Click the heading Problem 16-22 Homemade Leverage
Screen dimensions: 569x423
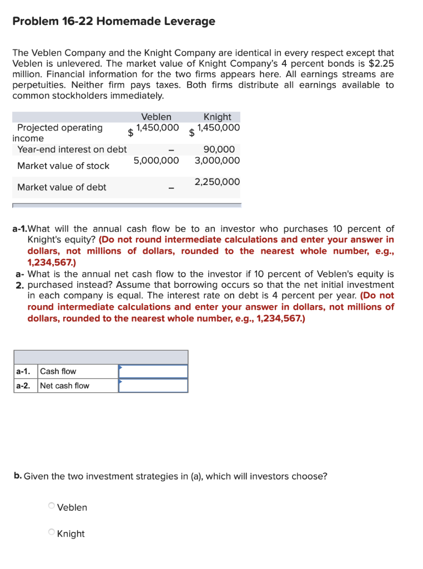pos(114,22)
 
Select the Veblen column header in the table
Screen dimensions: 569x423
pos(156,117)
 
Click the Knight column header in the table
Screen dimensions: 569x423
pos(217,117)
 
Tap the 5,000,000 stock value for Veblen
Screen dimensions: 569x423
pos(156,161)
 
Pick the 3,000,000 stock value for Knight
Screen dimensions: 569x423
pos(217,161)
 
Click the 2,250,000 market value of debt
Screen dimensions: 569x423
pos(217,182)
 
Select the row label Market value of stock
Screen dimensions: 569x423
pos(63,166)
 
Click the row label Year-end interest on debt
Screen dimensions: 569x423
pos(72,149)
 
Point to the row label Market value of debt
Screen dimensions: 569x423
pos(62,187)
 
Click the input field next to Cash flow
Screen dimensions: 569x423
pos(153,371)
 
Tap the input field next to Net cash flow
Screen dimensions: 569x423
pos(153,386)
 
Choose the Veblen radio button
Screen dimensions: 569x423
pos(52,506)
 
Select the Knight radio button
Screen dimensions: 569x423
pos(52,533)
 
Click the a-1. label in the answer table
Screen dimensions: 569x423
pos(23,371)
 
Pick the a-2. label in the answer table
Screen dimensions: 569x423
pos(23,386)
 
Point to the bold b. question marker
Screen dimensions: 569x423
pos(18,476)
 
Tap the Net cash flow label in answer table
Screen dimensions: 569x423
pos(64,386)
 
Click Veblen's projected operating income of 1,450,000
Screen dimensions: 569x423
pos(158,128)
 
